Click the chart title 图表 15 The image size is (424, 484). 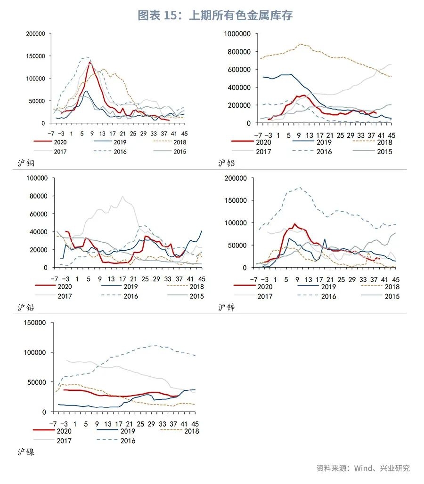[x=215, y=16]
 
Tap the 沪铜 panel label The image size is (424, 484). [x=26, y=164]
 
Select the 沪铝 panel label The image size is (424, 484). [x=227, y=164]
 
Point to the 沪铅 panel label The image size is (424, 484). [x=26, y=308]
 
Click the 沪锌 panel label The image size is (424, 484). [x=227, y=308]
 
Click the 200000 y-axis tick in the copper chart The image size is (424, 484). [x=36, y=34]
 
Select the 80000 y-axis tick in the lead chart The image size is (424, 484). [x=38, y=196]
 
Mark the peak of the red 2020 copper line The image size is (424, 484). [x=90, y=63]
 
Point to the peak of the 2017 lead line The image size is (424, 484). [x=122, y=196]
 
